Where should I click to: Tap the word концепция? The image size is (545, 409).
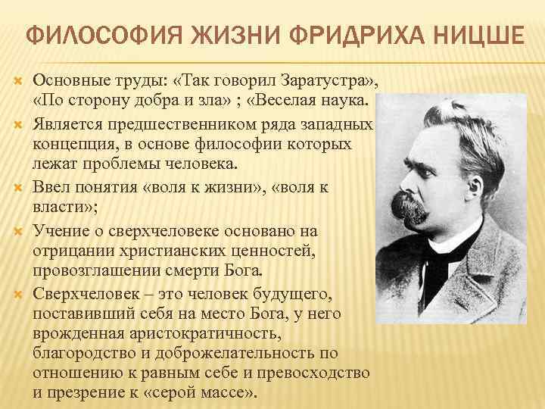[69, 143]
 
